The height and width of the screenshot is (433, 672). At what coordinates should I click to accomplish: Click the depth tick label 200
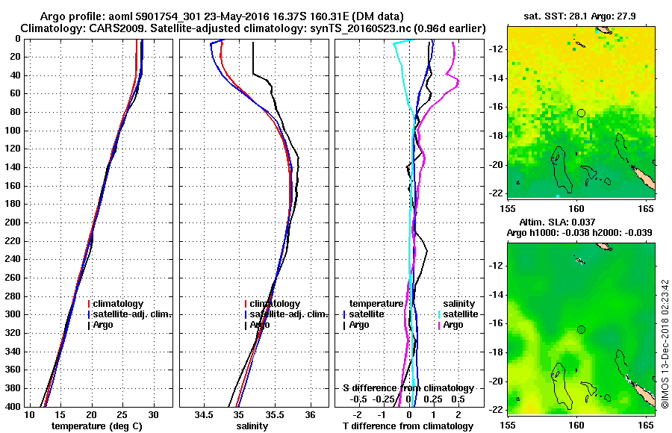pos(13,222)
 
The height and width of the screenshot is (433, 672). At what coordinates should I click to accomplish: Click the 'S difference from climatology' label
pos(408,388)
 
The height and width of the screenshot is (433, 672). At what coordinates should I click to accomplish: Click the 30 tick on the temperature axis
pos(154,414)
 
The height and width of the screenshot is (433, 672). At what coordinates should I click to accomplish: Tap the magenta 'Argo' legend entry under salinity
pos(453,325)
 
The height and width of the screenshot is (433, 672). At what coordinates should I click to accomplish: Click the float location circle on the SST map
pos(581,113)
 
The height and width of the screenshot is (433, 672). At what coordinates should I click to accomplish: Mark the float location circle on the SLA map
pos(581,329)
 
